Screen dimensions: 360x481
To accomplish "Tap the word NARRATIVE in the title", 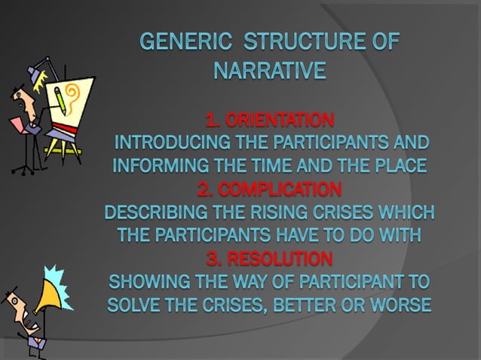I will (269, 72).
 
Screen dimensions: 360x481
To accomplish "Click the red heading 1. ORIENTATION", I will (269, 120).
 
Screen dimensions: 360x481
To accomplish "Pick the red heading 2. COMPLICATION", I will (269, 188).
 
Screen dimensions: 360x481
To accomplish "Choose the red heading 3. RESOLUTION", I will (269, 260).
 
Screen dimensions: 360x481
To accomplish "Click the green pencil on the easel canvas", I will (59, 98).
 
